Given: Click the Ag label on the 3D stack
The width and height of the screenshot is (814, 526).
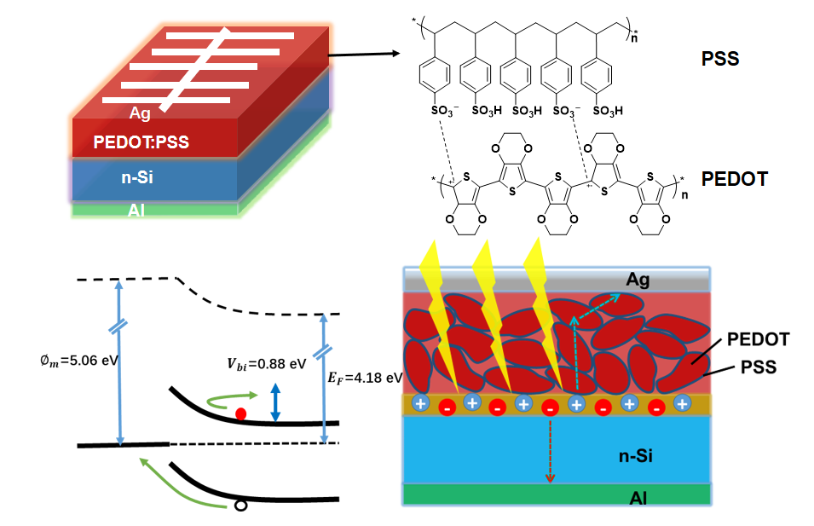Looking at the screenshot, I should pos(140,113).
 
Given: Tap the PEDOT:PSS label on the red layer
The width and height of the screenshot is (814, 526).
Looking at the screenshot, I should pos(141,142).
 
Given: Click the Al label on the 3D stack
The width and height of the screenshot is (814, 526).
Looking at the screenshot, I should pos(136,210).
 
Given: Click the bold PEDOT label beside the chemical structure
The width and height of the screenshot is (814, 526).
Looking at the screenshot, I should pos(734,180).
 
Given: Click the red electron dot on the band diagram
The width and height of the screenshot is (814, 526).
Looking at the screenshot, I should pos(241,414).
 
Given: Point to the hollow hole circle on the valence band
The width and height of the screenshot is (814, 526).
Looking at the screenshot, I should pos(240,506).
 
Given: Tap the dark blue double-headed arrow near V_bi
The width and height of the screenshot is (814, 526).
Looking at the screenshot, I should pos(275,402).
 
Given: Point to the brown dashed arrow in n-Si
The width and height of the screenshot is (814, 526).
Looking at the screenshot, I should pos(550,451).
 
